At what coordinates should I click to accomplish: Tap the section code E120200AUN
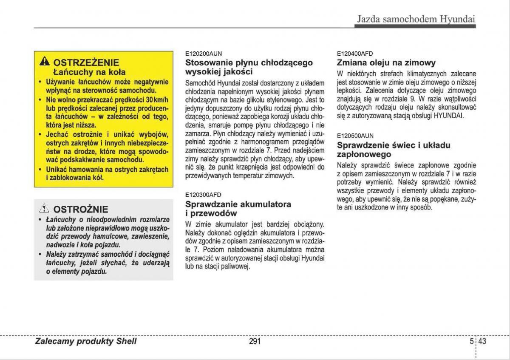(203, 54)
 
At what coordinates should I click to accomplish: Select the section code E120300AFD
(203, 195)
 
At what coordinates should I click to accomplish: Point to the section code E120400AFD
(355, 54)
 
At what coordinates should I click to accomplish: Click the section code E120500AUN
(355, 136)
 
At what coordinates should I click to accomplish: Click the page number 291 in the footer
(255, 341)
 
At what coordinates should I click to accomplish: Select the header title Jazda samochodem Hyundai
(415, 19)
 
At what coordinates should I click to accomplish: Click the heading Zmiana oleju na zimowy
(386, 63)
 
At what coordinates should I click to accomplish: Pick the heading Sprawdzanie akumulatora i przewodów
(238, 208)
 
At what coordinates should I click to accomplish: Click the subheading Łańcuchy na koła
(89, 72)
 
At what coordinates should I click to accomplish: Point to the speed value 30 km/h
(157, 100)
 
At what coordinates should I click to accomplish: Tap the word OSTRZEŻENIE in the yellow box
(86, 62)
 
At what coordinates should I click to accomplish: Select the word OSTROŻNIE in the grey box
(81, 209)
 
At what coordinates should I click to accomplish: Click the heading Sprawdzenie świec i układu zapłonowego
(393, 150)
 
